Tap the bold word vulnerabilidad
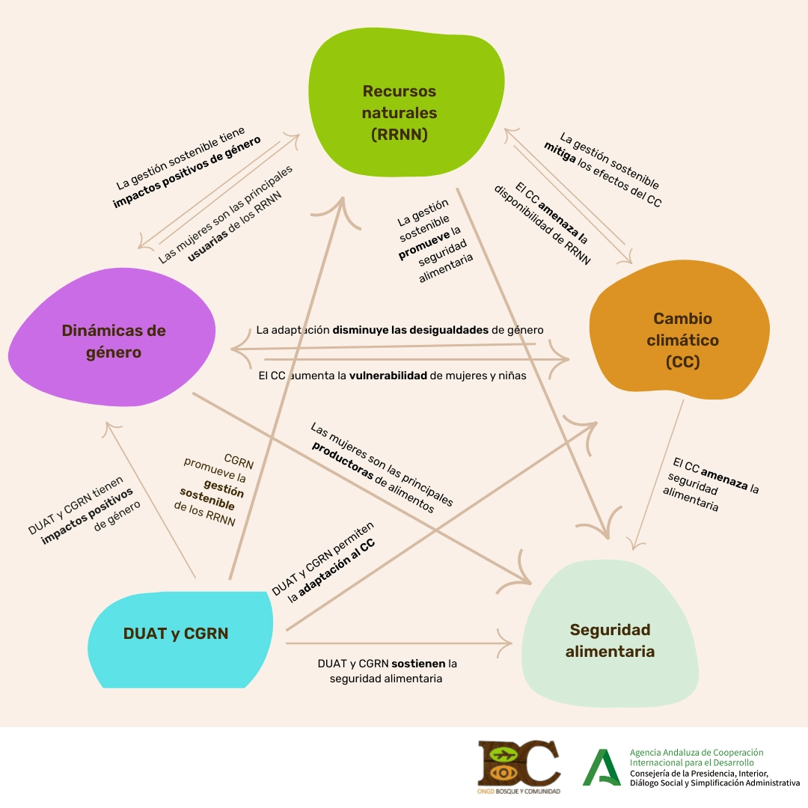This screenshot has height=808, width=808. coord(389,376)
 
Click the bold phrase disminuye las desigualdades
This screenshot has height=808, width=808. coord(411,329)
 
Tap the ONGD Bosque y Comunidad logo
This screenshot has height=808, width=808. coord(519,767)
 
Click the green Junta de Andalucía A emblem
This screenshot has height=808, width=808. coord(602,767)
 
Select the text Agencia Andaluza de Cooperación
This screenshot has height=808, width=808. coord(697,752)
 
